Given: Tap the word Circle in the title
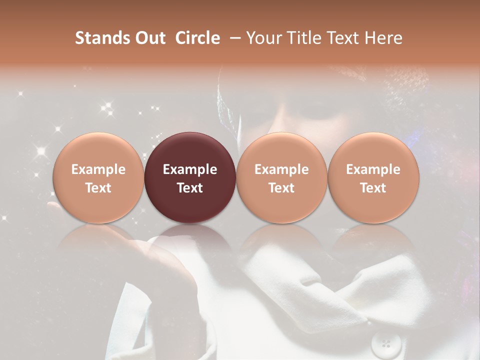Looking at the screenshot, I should pos(197,38).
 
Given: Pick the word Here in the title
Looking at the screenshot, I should pos(382,38).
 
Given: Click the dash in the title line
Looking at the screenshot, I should pos(236,38).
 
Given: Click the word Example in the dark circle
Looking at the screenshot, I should pos(190,169).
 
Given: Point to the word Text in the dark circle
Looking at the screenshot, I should pos(190,188).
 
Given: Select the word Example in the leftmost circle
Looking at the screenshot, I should pos(98,169).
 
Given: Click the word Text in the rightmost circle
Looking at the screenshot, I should pos(373,188).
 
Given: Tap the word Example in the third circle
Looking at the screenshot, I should pos(281,169).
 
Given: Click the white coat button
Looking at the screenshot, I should pos(385,343).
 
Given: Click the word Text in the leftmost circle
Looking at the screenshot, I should pos(98,188).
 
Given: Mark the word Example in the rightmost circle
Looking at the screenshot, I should pos(373,169).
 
